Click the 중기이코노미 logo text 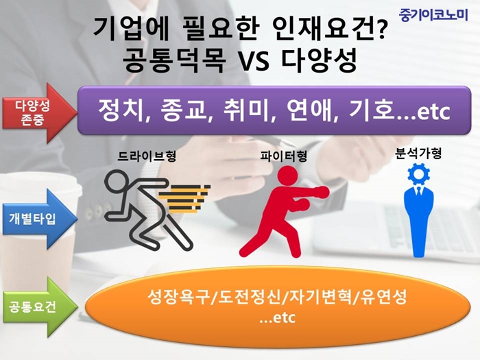coord(433,15)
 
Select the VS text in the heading coord(252,60)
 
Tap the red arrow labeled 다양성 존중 coord(40,112)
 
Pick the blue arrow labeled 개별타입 coord(40,219)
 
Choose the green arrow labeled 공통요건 coord(40,307)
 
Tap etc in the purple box coord(434,112)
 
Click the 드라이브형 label coord(147,156)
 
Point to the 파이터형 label coord(284,156)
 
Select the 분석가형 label coord(418,154)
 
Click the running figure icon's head coord(117,182)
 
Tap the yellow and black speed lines coord(184,199)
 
